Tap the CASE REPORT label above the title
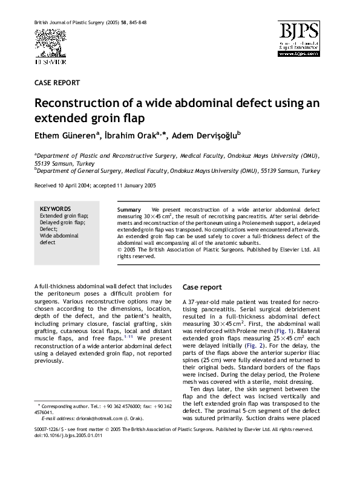pyautogui.click(x=57, y=82)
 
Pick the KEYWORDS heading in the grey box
pyautogui.click(x=55, y=209)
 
